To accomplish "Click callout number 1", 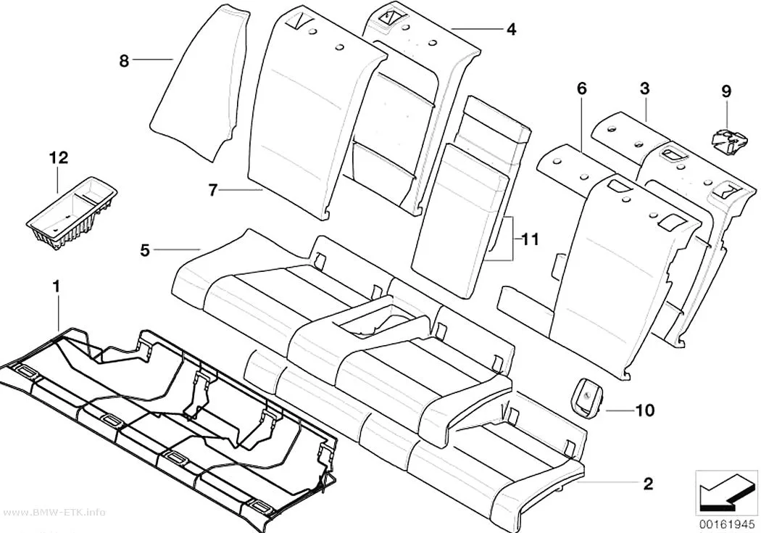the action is click(x=57, y=287).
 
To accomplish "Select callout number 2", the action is click(x=648, y=484).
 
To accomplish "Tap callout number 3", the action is click(x=644, y=88).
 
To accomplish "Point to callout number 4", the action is click(x=511, y=29).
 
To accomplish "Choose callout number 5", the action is click(x=145, y=250).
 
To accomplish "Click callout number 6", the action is click(x=581, y=88).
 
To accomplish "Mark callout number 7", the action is click(x=212, y=190).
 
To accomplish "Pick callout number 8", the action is click(x=124, y=61).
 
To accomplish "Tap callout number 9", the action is click(x=726, y=91).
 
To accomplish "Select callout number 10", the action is click(x=644, y=410).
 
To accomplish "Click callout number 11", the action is click(x=530, y=239).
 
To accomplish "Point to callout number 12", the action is click(x=58, y=158).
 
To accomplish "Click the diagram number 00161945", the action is click(x=727, y=524).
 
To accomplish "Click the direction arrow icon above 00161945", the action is click(x=726, y=495).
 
